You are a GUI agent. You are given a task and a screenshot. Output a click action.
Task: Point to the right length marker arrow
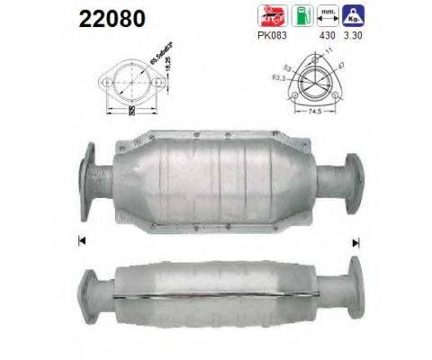[356, 241]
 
